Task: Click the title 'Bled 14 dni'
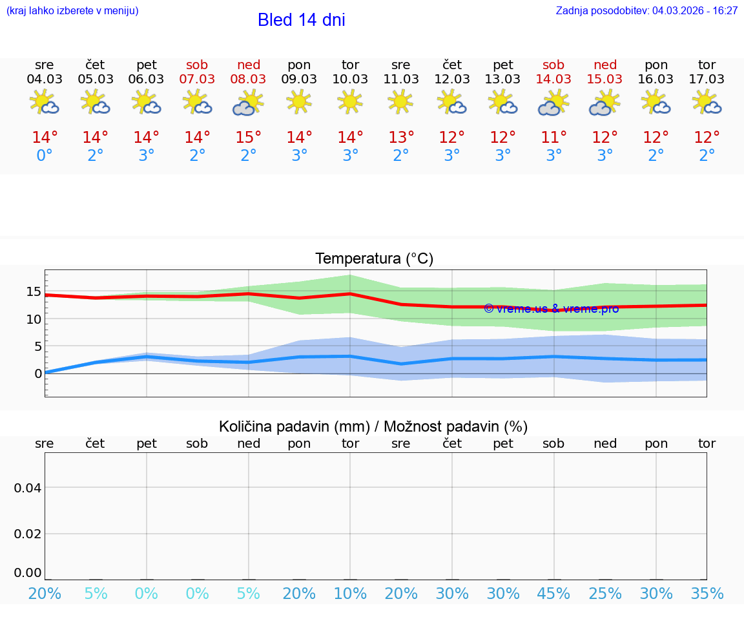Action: pyautogui.click(x=301, y=20)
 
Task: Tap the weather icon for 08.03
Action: pyautogui.click(x=249, y=103)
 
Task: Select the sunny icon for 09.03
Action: pyautogui.click(x=299, y=101)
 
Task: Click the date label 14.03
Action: pyautogui.click(x=553, y=79)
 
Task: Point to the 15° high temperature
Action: pyautogui.click(x=249, y=138)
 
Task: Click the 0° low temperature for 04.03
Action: pyautogui.click(x=45, y=156)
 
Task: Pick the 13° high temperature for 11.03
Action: pyautogui.click(x=401, y=138)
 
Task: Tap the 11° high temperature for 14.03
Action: pyautogui.click(x=553, y=138)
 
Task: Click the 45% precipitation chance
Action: pyautogui.click(x=553, y=593)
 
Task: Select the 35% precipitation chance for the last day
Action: pyautogui.click(x=707, y=593)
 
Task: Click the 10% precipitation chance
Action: pyautogui.click(x=350, y=593)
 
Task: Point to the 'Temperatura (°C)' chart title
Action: pyautogui.click(x=374, y=259)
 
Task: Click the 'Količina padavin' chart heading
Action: pyautogui.click(x=373, y=426)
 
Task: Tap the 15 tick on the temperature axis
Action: pyautogui.click(x=34, y=291)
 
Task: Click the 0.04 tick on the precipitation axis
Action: pyautogui.click(x=28, y=487)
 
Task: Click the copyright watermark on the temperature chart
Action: pyautogui.click(x=551, y=309)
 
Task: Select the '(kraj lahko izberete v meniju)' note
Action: pyautogui.click(x=72, y=11)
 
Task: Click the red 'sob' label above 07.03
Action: pyautogui.click(x=198, y=65)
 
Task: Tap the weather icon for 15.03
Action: pyautogui.click(x=604, y=103)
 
